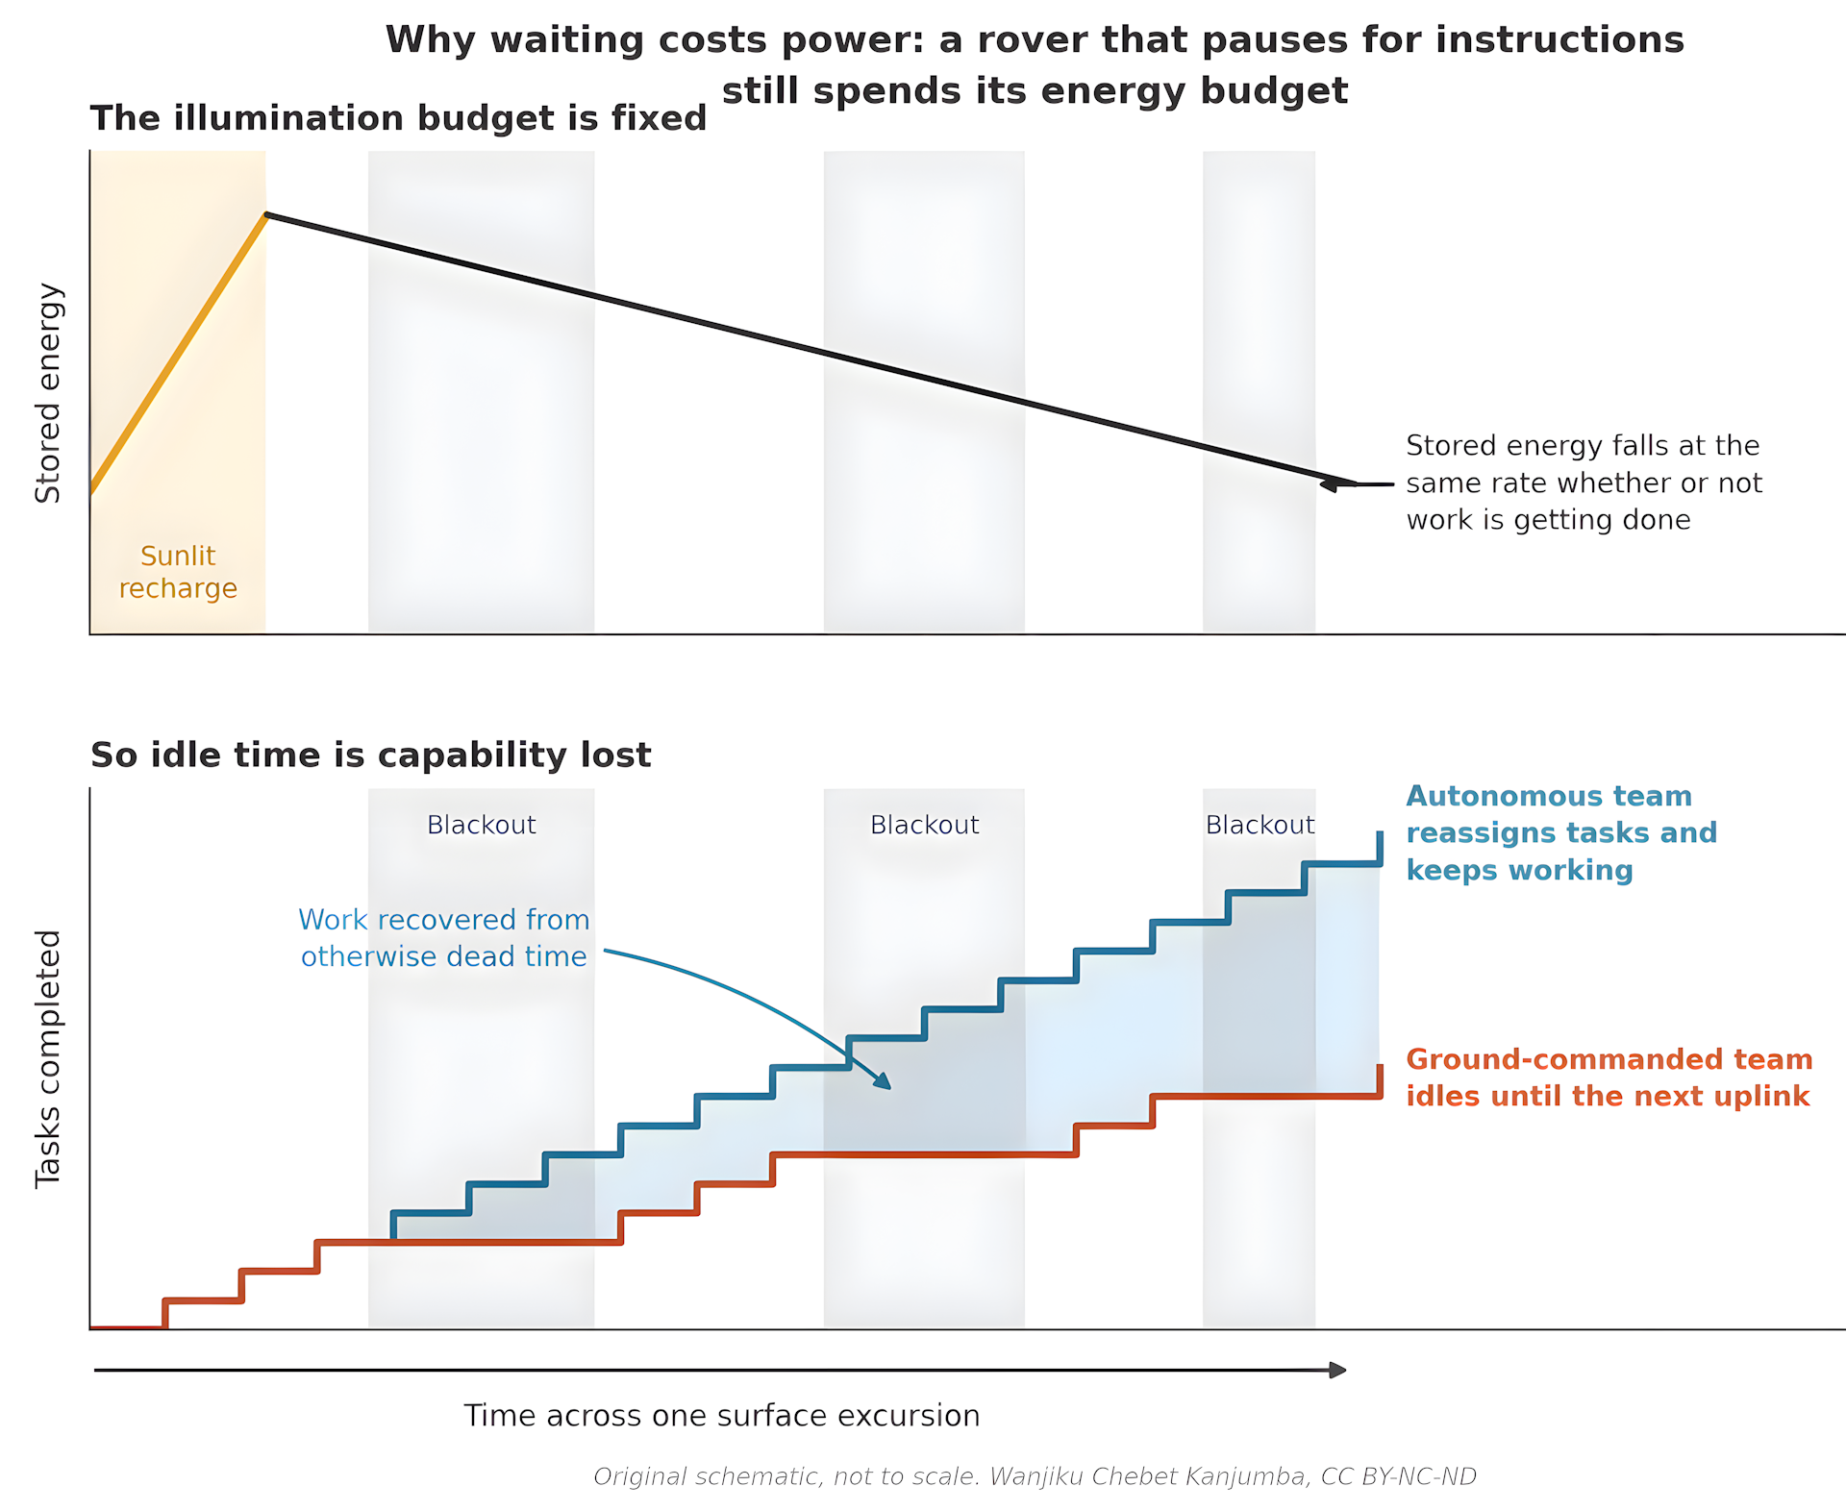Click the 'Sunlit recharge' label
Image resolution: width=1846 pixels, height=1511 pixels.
click(x=178, y=572)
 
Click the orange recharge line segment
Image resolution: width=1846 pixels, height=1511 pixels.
click(x=178, y=354)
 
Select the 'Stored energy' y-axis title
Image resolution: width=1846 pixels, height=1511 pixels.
click(x=48, y=393)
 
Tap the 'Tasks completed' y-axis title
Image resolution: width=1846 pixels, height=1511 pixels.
click(x=48, y=1058)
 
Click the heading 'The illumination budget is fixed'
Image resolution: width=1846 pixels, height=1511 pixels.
click(x=398, y=118)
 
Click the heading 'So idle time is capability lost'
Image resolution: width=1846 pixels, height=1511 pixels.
click(x=370, y=755)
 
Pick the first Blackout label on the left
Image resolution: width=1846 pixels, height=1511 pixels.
click(x=481, y=825)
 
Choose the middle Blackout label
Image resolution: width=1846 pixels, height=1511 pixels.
click(x=924, y=825)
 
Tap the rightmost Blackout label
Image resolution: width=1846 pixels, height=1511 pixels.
click(x=1260, y=825)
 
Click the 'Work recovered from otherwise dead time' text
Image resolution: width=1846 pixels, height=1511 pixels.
click(x=443, y=938)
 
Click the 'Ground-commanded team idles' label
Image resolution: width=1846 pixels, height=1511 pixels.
click(x=1609, y=1078)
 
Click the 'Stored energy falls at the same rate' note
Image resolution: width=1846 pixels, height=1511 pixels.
click(x=1584, y=483)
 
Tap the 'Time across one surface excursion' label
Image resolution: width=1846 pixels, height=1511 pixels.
click(x=722, y=1416)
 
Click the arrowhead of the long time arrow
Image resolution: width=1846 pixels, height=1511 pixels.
click(x=1337, y=1370)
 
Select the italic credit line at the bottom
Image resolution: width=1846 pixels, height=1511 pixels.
click(x=1035, y=1476)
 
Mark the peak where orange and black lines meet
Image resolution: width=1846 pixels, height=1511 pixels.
click(x=266, y=214)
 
